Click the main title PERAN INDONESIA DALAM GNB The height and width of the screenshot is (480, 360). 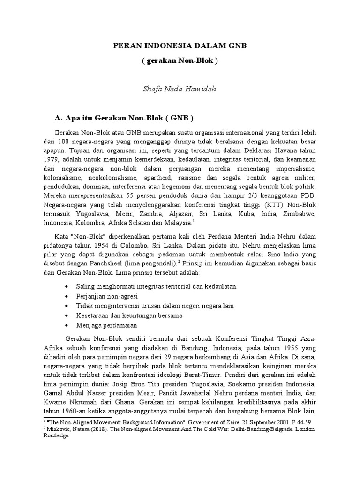[x=180, y=46]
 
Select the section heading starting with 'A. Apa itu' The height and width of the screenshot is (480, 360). [x=124, y=117]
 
